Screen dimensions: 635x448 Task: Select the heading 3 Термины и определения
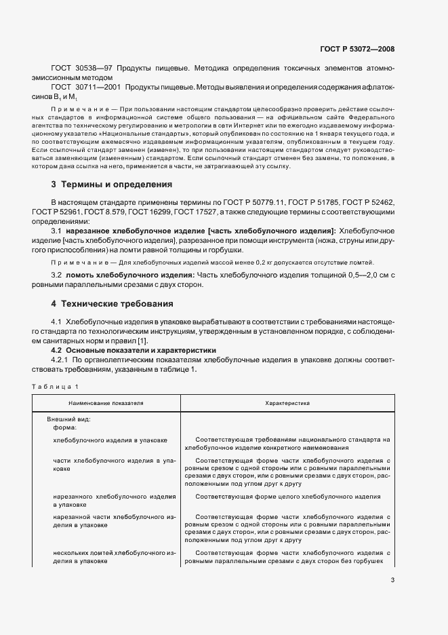coord(112,185)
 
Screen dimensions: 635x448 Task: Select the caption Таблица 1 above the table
coord(55,386)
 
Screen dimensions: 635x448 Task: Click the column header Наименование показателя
coord(105,403)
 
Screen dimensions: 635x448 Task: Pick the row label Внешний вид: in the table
coord(68,419)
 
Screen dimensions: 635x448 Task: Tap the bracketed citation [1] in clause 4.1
coord(142,340)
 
